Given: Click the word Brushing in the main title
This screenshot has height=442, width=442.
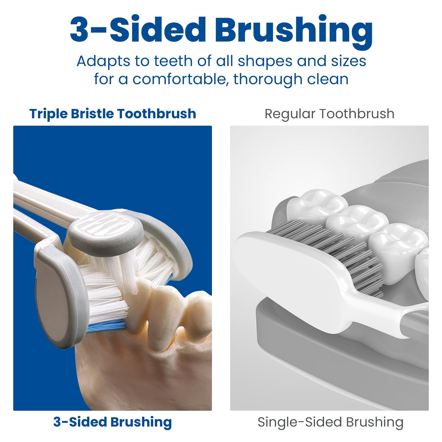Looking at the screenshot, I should [x=294, y=30].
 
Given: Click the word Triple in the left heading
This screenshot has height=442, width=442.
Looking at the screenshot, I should [x=48, y=114].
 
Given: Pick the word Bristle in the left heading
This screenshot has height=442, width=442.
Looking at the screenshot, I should [x=92, y=114].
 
